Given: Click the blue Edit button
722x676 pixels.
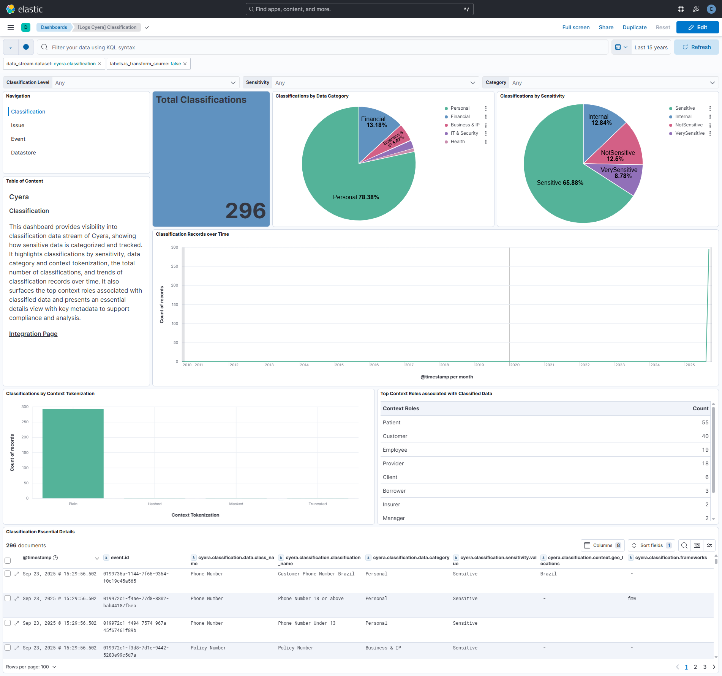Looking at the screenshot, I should pos(697,27).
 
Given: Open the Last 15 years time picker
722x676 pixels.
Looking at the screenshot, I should pos(651,47).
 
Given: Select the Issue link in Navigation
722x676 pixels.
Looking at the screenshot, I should pos(17,125).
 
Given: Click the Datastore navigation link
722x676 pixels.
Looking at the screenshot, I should pos(24,153).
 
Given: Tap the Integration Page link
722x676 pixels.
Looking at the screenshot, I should pos(33,334).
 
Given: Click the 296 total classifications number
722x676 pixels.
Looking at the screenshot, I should pos(245,211).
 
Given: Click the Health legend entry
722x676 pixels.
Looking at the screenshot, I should pos(457,142).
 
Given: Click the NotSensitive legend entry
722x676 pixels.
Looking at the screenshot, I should pos(689,125).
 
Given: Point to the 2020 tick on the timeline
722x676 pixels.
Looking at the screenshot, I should pos(514,365).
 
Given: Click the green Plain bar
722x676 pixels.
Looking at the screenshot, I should pos(73,454).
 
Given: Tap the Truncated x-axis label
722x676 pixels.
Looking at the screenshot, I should pos(318,504).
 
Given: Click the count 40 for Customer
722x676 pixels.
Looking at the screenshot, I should pos(705,436).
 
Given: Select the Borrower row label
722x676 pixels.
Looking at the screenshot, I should pos(394,491).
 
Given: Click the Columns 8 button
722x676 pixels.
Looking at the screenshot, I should pos(602,545).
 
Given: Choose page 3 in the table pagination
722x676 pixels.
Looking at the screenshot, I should pos(705,667).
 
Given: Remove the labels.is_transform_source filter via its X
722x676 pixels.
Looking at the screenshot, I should pos(185,64).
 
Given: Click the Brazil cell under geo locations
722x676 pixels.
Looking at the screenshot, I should pos(548,574).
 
